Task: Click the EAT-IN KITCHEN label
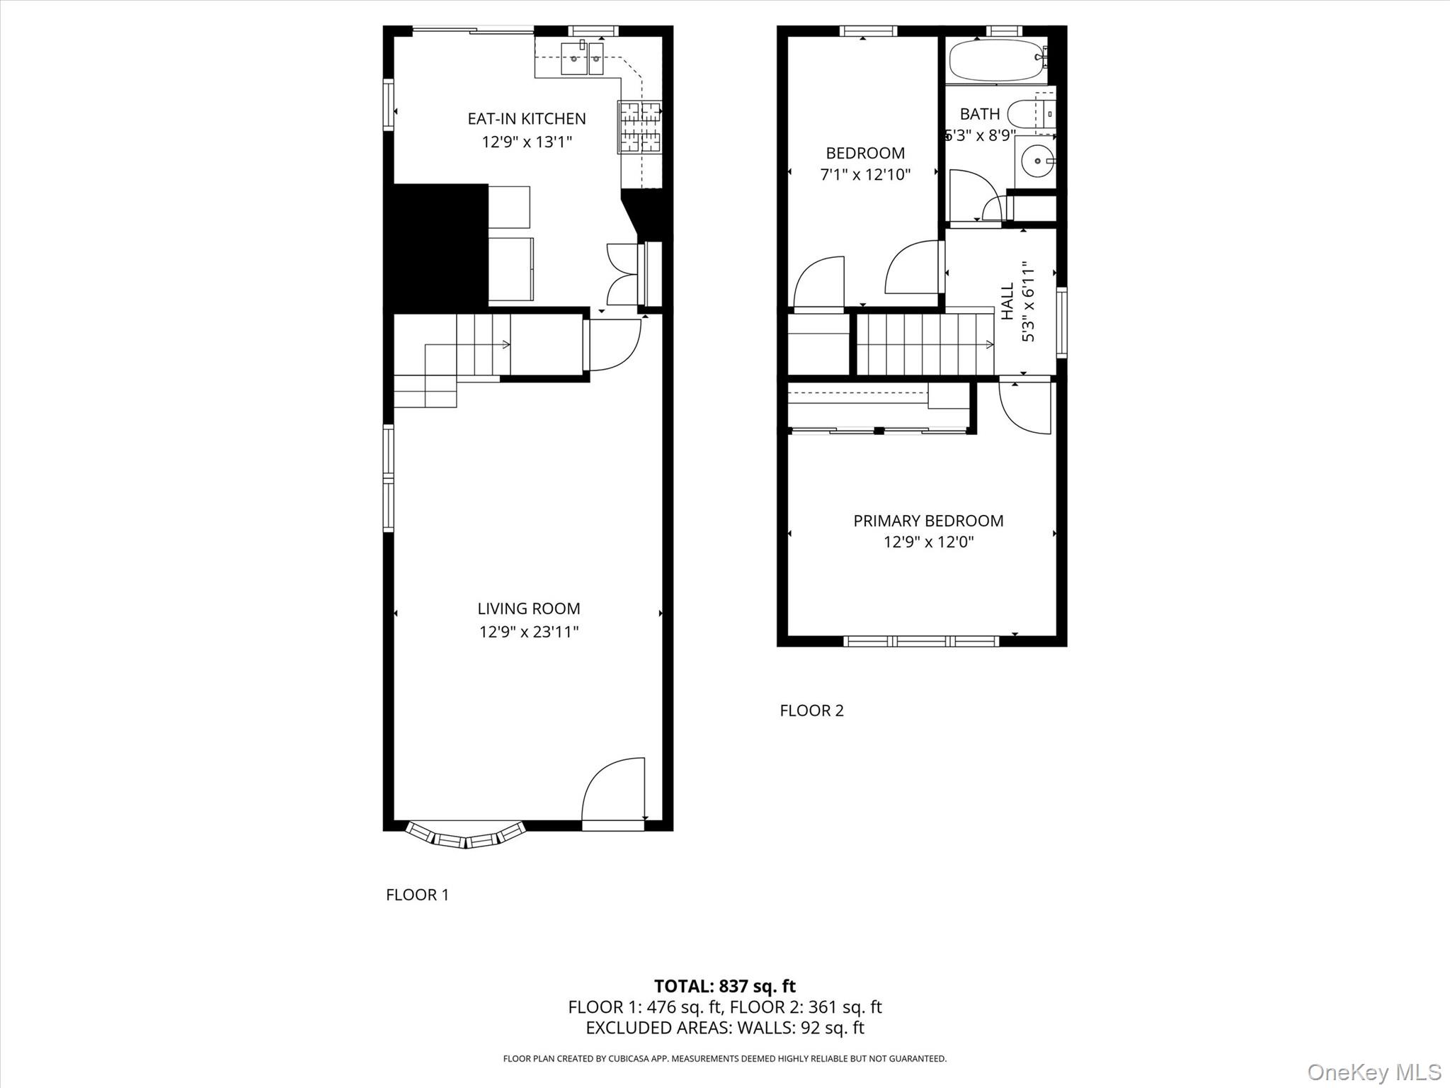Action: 527,118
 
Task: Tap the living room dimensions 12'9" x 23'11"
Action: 529,631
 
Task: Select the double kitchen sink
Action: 582,58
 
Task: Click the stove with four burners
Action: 640,127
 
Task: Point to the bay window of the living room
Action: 466,837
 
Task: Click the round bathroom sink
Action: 1037,161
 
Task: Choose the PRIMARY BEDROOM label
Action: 928,521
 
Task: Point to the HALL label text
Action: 1007,301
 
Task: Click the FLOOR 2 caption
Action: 811,710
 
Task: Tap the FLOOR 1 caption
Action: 417,895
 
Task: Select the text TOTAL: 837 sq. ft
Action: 724,986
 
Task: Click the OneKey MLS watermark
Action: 1374,1072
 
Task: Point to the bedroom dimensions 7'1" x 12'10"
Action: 865,174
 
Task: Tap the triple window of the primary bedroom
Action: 921,641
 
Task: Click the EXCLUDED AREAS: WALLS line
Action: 724,1028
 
